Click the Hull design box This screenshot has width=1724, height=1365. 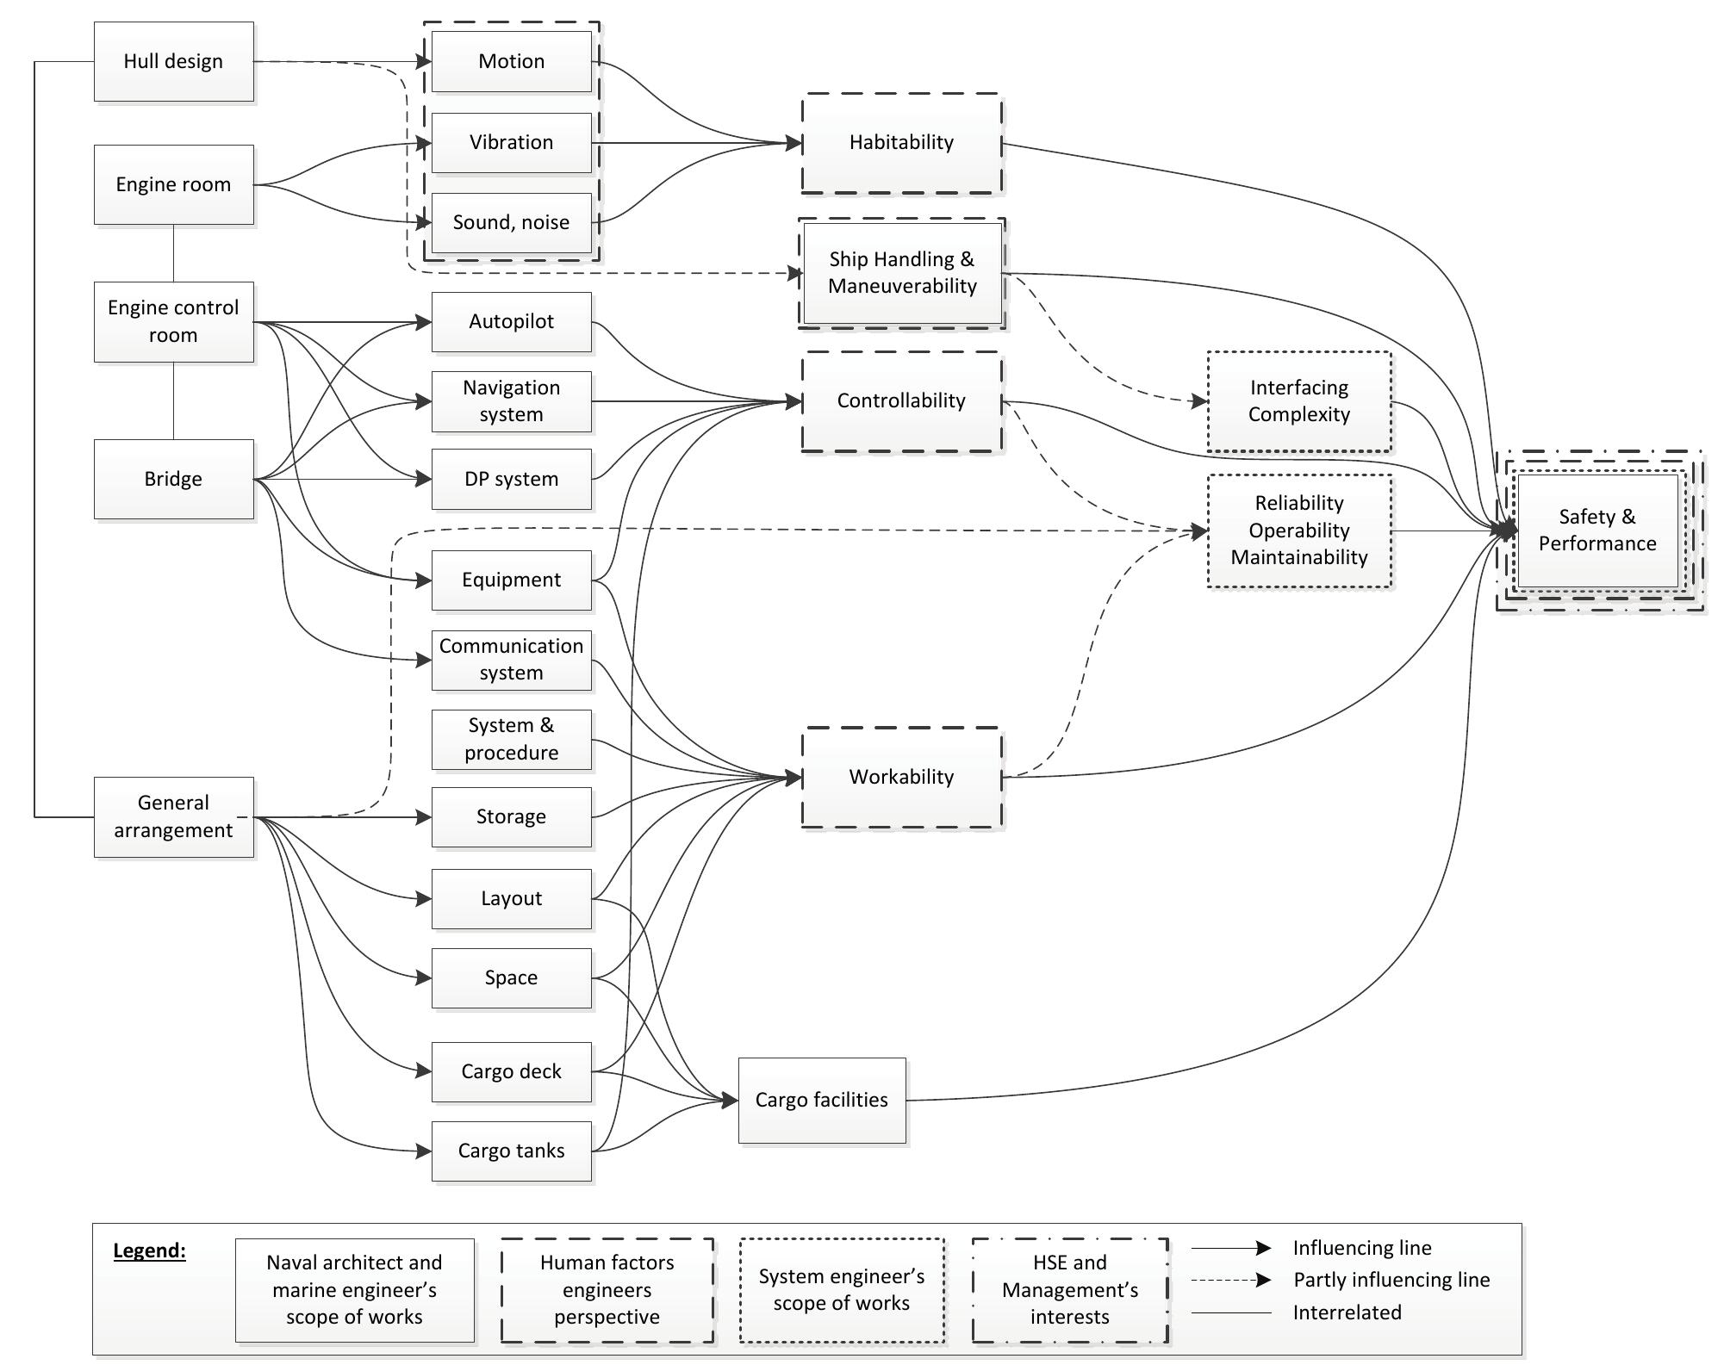click(173, 61)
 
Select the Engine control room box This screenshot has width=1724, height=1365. click(173, 321)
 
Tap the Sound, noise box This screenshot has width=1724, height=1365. click(511, 222)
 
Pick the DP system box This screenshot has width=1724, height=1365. click(511, 479)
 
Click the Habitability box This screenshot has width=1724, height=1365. click(901, 143)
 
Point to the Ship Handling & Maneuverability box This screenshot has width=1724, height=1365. click(901, 273)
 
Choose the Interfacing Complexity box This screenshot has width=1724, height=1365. click(1298, 401)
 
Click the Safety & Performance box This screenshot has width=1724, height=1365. click(1596, 530)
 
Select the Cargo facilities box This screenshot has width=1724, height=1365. click(821, 1100)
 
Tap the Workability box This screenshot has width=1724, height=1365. click(901, 777)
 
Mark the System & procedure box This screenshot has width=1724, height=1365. click(511, 739)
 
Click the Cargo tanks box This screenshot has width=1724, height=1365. click(511, 1151)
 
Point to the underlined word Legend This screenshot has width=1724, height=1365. click(149, 1250)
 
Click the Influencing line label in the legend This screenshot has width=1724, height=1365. click(1361, 1248)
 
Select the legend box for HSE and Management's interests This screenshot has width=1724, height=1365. click(1069, 1289)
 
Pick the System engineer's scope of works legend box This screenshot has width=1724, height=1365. click(841, 1289)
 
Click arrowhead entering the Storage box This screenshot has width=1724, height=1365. click(423, 817)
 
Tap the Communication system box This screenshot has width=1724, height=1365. click(511, 660)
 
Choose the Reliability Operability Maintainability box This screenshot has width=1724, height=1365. click(1298, 530)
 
